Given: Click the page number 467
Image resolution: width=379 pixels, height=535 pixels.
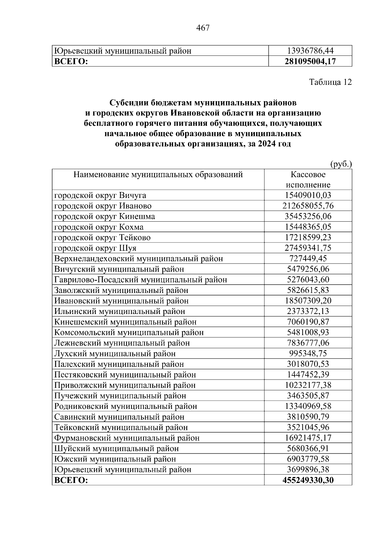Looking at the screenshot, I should (x=203, y=28).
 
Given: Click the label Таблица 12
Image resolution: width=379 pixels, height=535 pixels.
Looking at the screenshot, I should (x=330, y=82).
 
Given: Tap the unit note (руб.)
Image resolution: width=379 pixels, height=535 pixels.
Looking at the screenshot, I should (x=341, y=164).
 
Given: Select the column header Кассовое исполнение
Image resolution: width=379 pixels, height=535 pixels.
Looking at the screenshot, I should (x=308, y=180).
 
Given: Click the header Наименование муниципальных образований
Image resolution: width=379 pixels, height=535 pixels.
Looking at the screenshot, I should (x=158, y=174).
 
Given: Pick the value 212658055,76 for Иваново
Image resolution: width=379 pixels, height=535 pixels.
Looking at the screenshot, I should (x=308, y=206).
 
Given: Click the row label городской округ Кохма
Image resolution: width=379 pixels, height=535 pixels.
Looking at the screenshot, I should (x=99, y=227).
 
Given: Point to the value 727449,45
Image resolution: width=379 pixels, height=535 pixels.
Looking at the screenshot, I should (x=308, y=259).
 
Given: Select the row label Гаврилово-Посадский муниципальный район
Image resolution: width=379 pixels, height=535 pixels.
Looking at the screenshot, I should (x=141, y=280).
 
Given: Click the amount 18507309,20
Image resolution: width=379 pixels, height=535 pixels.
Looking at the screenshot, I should (x=308, y=301).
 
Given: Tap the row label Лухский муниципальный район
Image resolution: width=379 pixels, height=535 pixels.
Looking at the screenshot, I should (x=115, y=354).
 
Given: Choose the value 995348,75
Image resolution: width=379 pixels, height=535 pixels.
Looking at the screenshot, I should (x=308, y=354).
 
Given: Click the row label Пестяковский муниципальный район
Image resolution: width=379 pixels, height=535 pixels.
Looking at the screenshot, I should (x=125, y=375).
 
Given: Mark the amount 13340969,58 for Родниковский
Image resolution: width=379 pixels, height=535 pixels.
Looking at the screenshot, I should (x=308, y=406).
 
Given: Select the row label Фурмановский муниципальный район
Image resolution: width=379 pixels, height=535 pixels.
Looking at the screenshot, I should (x=127, y=438).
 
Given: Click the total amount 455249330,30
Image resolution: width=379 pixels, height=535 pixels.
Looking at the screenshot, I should (x=308, y=480).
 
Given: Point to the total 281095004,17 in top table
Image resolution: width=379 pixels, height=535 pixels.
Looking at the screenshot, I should (x=310, y=61).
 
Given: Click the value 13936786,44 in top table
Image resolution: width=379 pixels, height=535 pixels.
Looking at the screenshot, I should (x=310, y=51).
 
